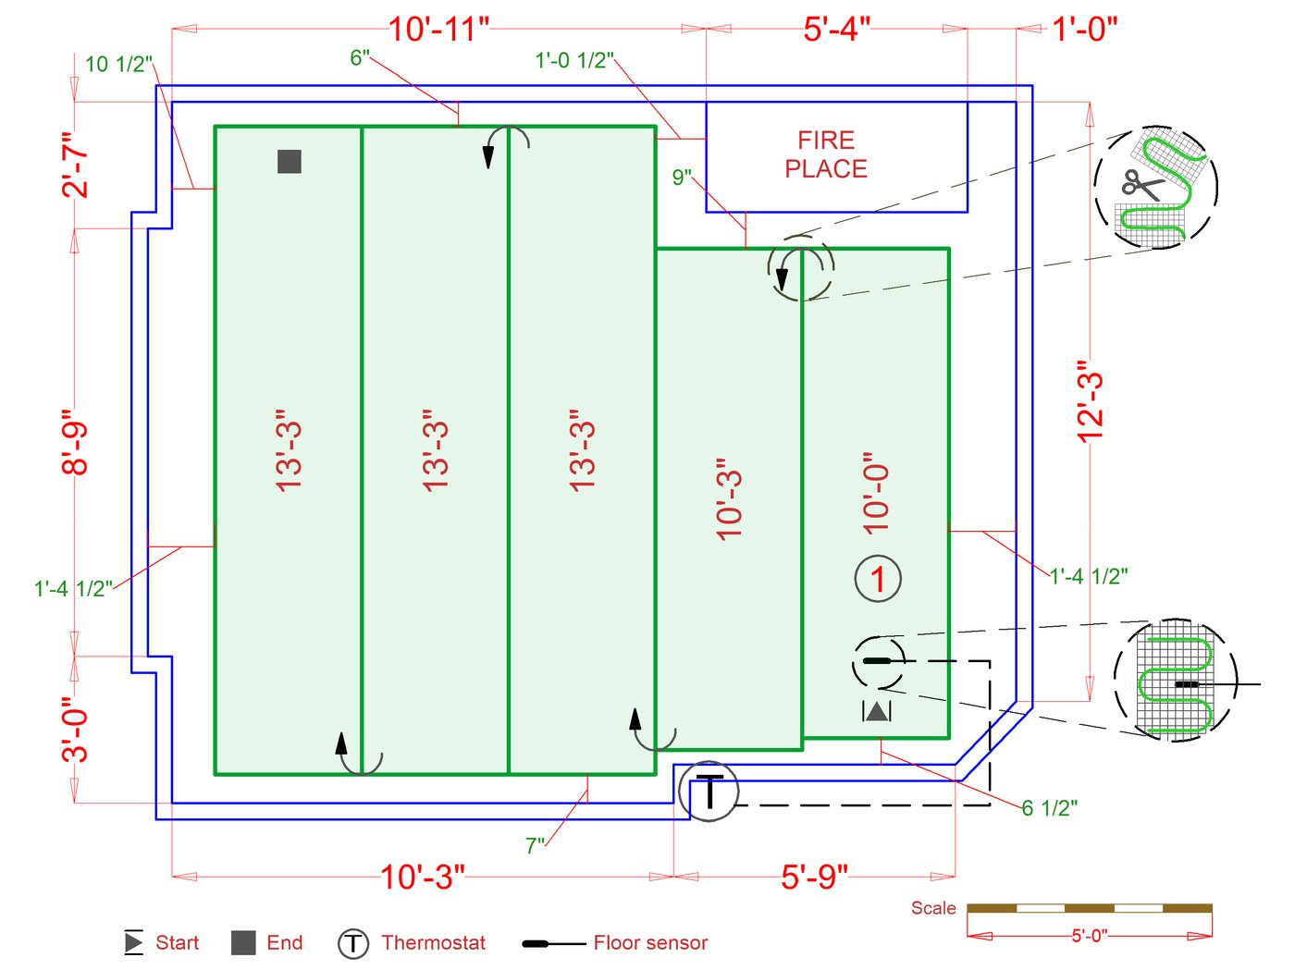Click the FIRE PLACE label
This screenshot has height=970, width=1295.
pos(825,154)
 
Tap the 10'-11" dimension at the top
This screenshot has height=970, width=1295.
pos(439,29)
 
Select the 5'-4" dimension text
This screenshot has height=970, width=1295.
pos(836,29)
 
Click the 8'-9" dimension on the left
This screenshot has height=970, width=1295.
pos(74,442)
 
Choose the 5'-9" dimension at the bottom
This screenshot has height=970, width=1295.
pos(814,877)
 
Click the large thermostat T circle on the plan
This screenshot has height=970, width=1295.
pos(708,792)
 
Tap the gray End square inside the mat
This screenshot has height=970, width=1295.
pos(290,161)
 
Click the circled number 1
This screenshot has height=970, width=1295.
pos(878,579)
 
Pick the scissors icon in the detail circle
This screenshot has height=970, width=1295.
pos(1143,185)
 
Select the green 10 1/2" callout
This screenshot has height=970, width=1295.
pos(119,65)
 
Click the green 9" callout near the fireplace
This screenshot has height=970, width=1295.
pos(682,177)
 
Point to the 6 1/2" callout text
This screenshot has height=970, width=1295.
pos(1049,808)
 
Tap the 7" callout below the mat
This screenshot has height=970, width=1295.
pos(535,845)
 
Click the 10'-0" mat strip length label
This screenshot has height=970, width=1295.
pos(876,494)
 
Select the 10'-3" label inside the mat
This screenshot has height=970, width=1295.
pos(729,498)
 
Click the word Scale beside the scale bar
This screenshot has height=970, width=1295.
pos(932,907)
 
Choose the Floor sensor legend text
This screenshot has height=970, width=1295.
pos(650,942)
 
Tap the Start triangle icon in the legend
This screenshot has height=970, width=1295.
pos(134,941)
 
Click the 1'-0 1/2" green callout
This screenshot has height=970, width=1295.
pos(574,60)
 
